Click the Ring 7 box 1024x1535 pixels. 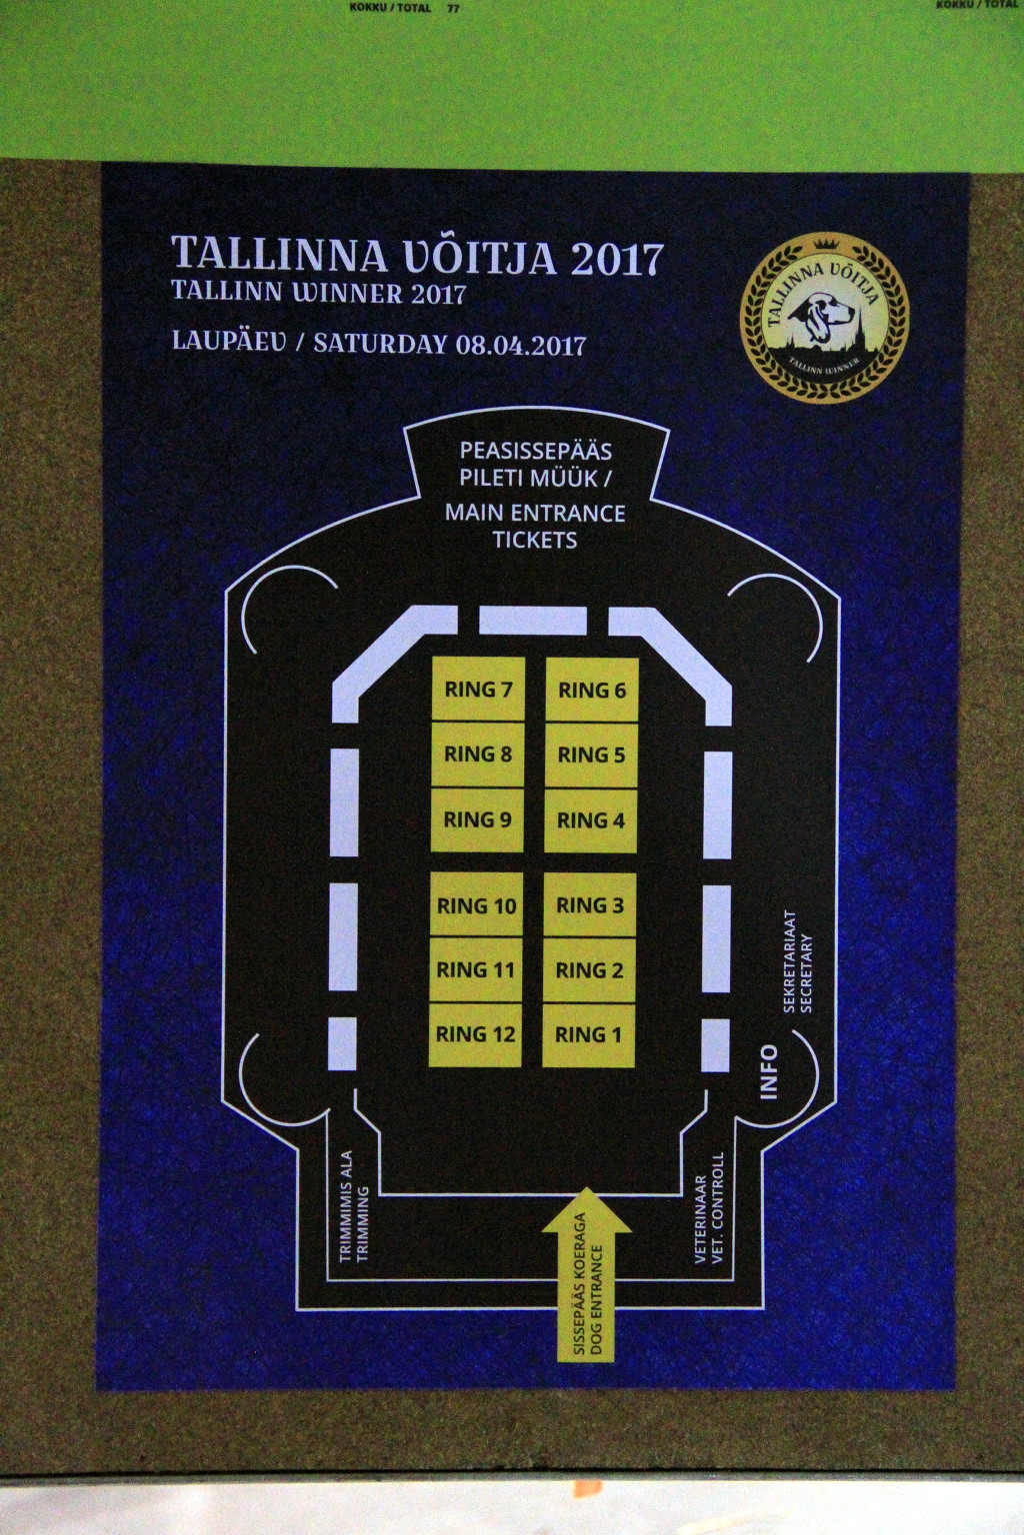point(478,689)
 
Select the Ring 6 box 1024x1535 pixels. point(592,690)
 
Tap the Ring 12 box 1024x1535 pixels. point(475,1034)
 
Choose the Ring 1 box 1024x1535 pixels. point(588,1035)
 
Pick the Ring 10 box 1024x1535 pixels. point(477,905)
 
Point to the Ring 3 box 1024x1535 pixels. point(590,905)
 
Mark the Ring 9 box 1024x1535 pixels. point(477,819)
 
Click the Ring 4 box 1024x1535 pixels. point(591,820)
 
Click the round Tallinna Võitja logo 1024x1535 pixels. point(825,318)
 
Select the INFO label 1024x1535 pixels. point(770,1072)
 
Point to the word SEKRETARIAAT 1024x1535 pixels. point(789,961)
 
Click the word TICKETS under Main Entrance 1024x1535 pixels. point(535,540)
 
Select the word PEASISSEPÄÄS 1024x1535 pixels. point(535,451)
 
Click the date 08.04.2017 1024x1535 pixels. point(521,344)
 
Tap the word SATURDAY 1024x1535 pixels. point(381,344)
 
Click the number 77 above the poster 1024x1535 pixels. point(453,8)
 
